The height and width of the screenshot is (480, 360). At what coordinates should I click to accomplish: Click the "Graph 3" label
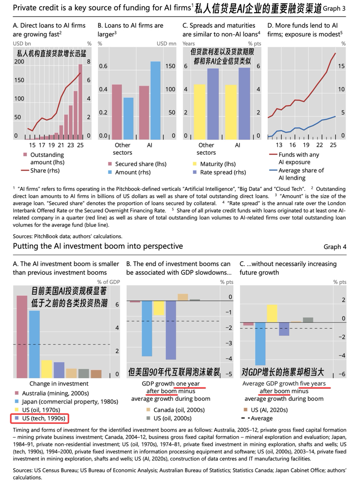point(335,8)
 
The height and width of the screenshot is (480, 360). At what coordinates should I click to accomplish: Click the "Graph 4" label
point(335,247)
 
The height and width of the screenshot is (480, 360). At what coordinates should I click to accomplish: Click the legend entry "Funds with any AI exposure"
point(298,158)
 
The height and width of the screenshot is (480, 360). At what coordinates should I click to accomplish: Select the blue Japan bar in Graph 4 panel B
point(147,328)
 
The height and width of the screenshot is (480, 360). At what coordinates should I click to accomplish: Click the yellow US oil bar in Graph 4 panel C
point(272,313)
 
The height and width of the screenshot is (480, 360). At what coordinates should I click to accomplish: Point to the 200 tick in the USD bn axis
point(19,62)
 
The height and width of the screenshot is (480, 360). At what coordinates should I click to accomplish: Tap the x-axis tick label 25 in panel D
point(333,145)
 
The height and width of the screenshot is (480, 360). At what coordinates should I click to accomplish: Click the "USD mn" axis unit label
point(166,43)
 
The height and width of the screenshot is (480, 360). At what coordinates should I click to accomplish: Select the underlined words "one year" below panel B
point(187,383)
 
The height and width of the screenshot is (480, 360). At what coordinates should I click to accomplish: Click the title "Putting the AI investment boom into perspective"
point(98,247)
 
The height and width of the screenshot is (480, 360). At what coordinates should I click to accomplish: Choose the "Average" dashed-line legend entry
point(257,418)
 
